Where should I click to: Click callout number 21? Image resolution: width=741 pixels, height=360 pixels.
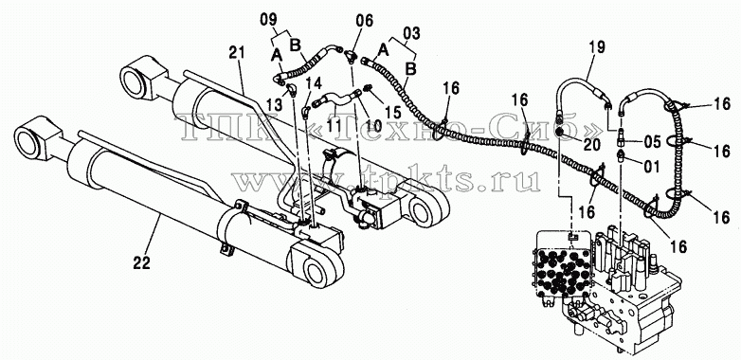tap(238, 53)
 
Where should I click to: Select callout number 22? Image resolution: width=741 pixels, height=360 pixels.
tap(142, 262)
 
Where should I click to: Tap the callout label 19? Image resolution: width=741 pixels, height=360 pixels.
tap(597, 46)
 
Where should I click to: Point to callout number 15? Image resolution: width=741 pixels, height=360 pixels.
tap(392, 113)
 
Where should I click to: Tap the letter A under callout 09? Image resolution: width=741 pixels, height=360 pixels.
tap(278, 56)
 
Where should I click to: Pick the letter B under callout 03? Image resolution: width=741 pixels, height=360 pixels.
tap(411, 69)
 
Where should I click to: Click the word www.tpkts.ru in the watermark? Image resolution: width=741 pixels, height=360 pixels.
tap(388, 180)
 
